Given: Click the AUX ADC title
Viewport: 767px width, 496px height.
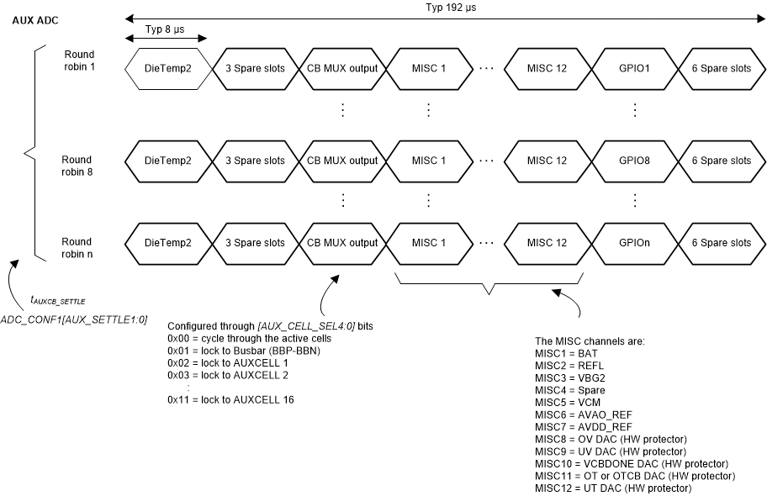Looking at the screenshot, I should (x=35, y=19).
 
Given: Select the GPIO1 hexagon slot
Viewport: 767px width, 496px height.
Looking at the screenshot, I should (x=634, y=67).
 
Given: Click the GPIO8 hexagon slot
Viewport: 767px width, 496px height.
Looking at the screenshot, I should (x=634, y=160).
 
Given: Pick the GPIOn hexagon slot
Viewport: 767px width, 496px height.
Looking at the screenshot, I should (x=634, y=243).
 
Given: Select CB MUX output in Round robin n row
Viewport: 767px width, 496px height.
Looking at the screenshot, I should (x=341, y=243).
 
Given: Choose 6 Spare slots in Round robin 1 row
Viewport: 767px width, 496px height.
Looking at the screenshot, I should (x=721, y=67).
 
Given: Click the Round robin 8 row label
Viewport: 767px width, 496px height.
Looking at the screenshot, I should (x=77, y=166).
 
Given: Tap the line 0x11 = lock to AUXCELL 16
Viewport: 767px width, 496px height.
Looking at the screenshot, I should (x=230, y=399).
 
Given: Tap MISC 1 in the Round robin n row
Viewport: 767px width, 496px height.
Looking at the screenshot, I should (x=429, y=243).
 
